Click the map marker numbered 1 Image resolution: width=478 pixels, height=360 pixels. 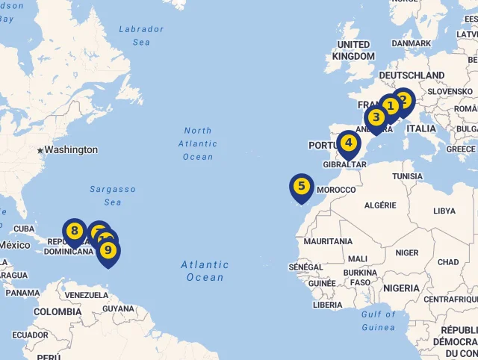(x=390, y=107)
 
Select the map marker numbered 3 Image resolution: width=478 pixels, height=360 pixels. (x=376, y=117)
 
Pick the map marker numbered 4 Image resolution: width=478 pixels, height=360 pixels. (x=348, y=142)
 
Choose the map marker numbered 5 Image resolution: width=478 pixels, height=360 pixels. (x=302, y=186)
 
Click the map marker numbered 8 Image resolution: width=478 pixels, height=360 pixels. (x=74, y=231)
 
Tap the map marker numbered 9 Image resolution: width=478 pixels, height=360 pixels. (x=108, y=250)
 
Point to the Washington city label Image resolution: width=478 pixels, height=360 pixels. (x=71, y=149)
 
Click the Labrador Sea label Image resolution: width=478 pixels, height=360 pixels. (x=141, y=36)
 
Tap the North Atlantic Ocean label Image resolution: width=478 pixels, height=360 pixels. (x=198, y=143)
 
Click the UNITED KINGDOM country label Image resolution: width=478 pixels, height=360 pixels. (x=353, y=51)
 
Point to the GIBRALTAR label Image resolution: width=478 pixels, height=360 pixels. (x=344, y=164)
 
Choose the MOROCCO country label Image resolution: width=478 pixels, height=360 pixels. (x=336, y=190)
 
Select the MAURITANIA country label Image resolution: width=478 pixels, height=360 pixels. (x=328, y=241)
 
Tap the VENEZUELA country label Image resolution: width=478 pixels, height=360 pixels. (x=86, y=295)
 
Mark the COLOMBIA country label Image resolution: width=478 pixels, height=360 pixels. (x=57, y=311)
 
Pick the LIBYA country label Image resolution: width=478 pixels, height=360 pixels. (x=444, y=211)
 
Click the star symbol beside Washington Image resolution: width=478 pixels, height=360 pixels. (x=40, y=150)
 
